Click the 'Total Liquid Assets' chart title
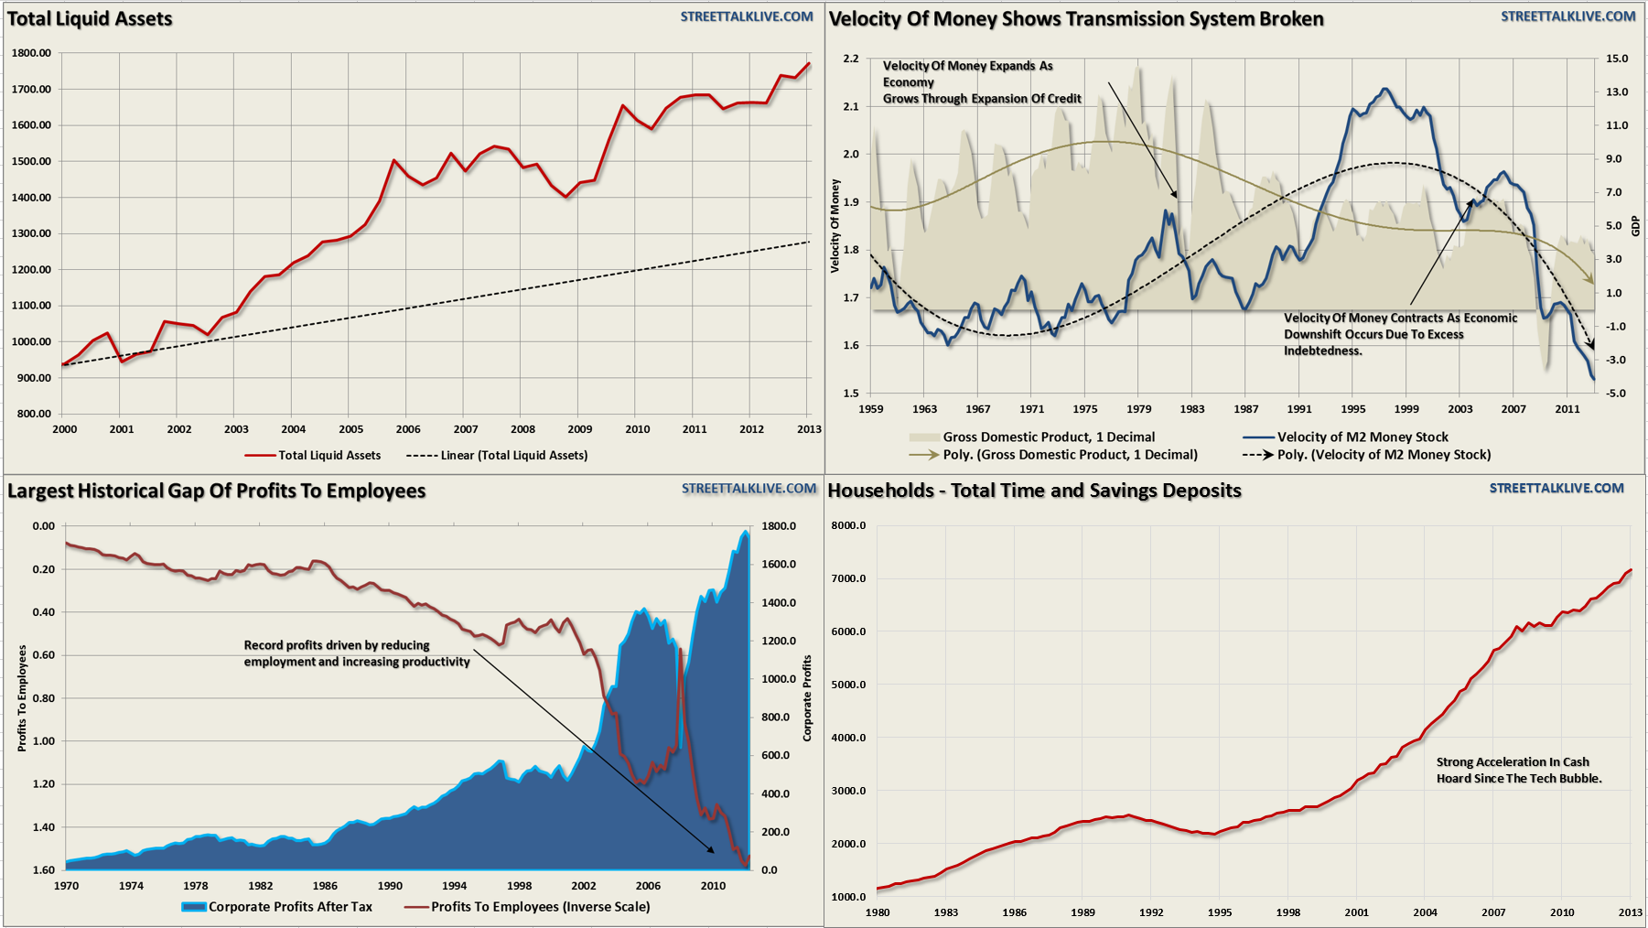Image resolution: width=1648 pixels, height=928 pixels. pos(90,19)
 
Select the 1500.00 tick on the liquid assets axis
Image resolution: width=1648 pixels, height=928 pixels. pos(31,161)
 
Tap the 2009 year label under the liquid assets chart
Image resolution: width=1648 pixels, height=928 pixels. pos(579,429)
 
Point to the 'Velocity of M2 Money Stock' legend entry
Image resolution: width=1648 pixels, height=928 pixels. pos(1363,437)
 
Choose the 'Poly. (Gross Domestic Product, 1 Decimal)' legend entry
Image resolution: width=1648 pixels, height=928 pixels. pos(1070,455)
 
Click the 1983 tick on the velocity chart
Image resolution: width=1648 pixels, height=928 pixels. pos(1192,409)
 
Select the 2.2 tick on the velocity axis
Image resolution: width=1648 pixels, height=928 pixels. pos(851,59)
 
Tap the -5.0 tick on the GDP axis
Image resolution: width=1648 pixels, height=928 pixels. pos(1616,394)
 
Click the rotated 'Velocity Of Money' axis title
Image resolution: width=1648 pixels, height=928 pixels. pos(835,226)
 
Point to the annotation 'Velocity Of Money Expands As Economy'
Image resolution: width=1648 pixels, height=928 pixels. pos(967,74)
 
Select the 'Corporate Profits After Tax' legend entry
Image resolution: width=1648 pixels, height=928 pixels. pos(290,907)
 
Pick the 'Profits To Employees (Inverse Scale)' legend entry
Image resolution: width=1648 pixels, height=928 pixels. pos(540,907)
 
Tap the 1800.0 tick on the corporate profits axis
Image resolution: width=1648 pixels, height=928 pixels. pos(779,526)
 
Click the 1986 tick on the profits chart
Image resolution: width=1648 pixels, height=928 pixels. pos(325,886)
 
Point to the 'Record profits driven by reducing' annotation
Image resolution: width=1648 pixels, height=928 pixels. pos(337,645)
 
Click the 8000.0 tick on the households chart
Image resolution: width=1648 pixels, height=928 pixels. pos(848,526)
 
